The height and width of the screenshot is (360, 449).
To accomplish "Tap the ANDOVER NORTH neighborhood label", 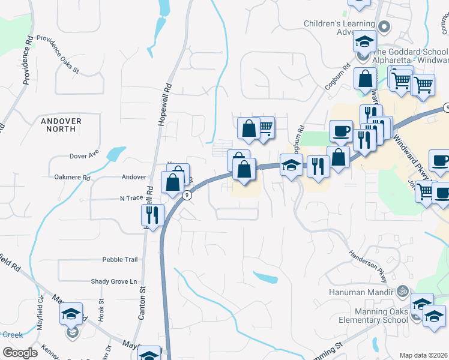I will point(61,125).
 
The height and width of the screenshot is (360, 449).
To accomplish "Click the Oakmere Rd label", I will point(71,178).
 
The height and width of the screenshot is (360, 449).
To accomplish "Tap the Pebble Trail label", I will point(120,259).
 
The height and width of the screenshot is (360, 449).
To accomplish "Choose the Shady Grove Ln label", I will point(114,281).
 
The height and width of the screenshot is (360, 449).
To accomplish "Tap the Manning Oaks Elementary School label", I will point(368,316).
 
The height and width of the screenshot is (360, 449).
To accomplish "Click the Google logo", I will point(20,353).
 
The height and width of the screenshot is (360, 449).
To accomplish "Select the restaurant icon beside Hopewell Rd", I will point(152,214).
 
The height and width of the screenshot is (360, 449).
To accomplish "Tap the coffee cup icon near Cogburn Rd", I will point(342,130).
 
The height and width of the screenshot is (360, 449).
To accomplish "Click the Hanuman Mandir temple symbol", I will point(403,292).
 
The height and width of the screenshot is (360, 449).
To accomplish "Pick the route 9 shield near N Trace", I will point(187,194).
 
